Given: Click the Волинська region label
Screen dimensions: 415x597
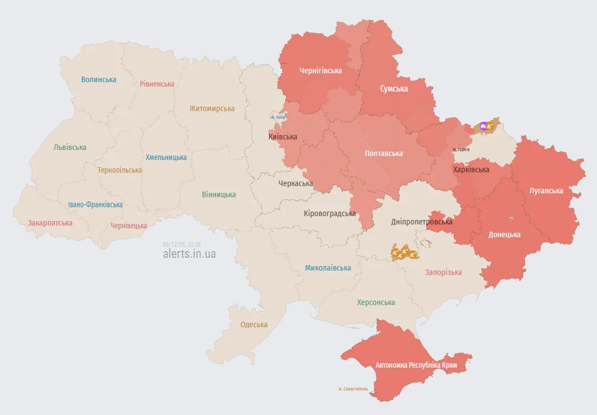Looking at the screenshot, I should [x=99, y=79].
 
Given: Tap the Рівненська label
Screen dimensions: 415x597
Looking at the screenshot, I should [x=157, y=84].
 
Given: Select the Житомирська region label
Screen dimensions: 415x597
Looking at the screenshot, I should [x=212, y=108].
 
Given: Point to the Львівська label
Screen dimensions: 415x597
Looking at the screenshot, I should [x=70, y=148].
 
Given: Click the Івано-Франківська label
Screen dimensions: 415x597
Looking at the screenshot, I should [x=95, y=204].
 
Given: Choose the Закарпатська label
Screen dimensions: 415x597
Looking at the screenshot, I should [x=50, y=223].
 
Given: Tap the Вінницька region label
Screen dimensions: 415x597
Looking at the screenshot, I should [x=219, y=194].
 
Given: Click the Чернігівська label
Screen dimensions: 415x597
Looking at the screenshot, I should [x=321, y=71].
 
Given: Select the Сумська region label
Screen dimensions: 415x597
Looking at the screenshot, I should [x=394, y=89].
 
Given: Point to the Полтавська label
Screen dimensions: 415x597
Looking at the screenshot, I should [x=384, y=153].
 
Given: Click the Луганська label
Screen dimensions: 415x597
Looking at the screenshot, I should [x=546, y=191].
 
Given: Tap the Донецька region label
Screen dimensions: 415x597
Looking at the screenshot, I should [x=504, y=234].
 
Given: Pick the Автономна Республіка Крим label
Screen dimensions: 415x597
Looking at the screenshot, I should [x=416, y=365].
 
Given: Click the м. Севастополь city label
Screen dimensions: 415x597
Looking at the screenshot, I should [x=353, y=389].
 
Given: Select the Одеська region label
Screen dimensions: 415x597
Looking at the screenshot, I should [x=254, y=324].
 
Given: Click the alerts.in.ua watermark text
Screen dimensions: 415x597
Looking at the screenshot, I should [x=189, y=254].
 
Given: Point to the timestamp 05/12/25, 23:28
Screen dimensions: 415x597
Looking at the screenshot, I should [x=181, y=244].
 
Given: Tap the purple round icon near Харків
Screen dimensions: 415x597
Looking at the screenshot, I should [x=483, y=127].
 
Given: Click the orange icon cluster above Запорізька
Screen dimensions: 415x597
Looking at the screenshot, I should [x=404, y=253].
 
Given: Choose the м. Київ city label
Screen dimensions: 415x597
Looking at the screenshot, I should [x=278, y=117].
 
